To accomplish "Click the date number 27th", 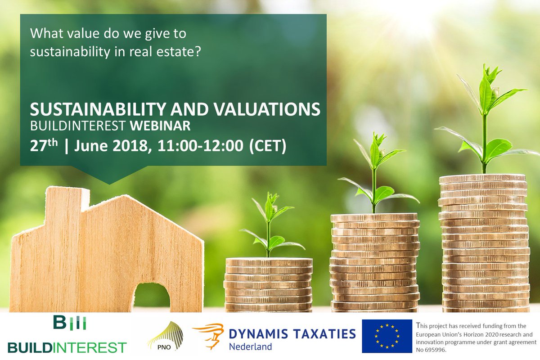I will pyautogui.click(x=43, y=147).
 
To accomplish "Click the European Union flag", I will pyautogui.click(x=387, y=336).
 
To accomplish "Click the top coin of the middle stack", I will pyautogui.click(x=374, y=217).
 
